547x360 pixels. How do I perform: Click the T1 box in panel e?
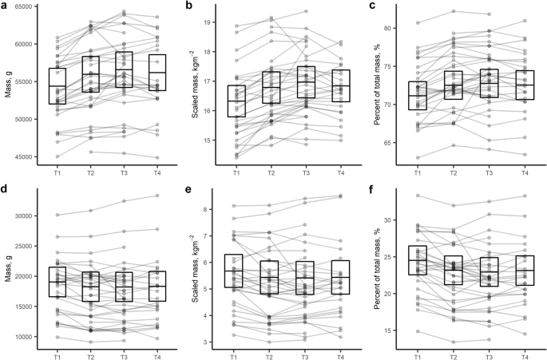[236, 271]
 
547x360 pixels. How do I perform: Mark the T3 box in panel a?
[123, 70]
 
